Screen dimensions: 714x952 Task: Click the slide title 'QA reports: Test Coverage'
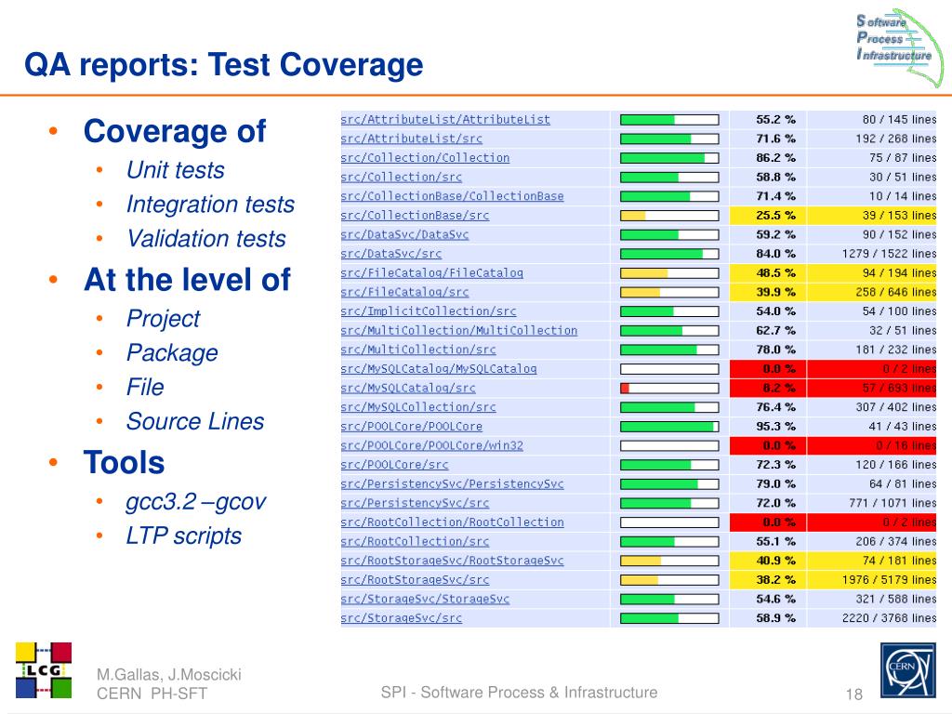223,66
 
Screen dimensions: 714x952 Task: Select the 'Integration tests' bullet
210,205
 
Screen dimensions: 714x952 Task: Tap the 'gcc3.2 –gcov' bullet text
196,502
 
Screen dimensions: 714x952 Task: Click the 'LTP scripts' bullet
184,536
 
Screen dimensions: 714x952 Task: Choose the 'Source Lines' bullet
195,422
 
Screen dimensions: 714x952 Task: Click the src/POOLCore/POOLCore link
411,427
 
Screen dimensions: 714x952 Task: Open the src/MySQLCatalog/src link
407,388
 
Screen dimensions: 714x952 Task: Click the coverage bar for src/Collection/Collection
669,158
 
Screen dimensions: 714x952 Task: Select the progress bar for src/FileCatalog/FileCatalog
669,273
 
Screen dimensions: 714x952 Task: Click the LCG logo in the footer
44,669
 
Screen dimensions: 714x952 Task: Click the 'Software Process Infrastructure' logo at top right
892,39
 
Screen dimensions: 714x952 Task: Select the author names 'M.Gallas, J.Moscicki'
168,675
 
